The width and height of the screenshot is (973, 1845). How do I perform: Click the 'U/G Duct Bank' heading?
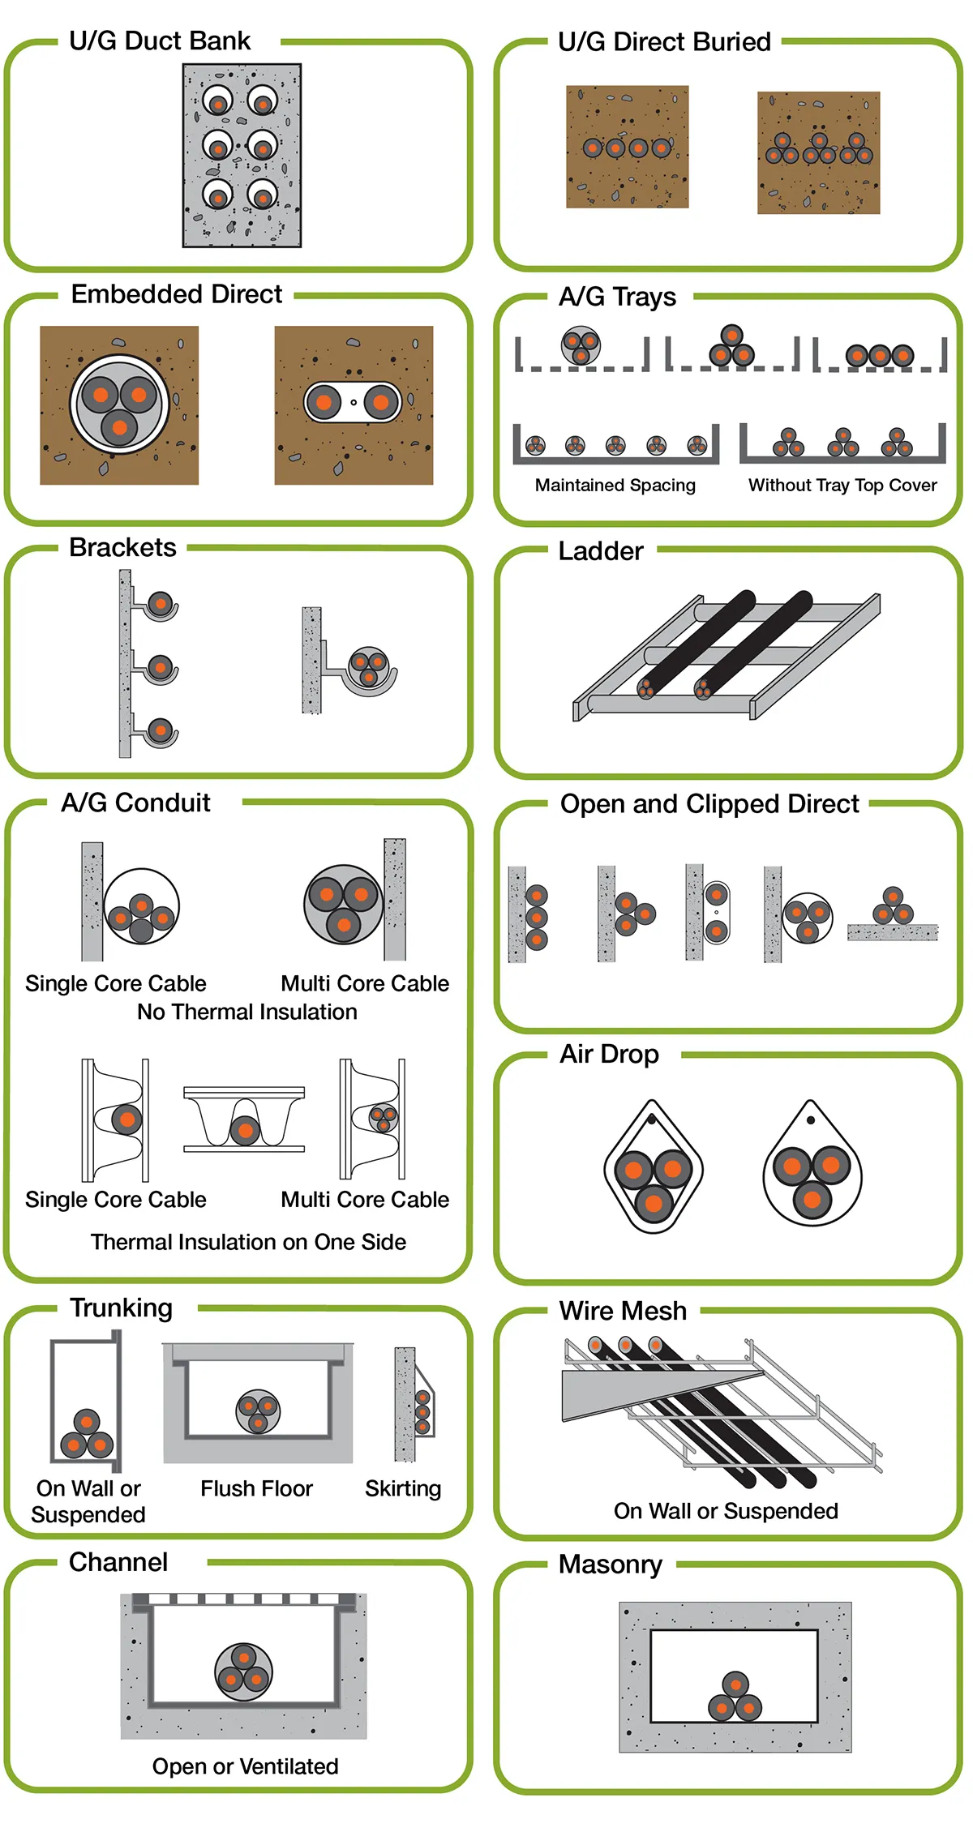pyautogui.click(x=160, y=41)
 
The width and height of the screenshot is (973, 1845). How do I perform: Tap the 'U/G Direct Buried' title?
pyautogui.click(x=664, y=41)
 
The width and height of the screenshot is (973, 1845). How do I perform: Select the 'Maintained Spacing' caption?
pyautogui.click(x=615, y=485)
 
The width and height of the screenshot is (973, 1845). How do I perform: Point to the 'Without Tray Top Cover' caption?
pyautogui.click(x=842, y=485)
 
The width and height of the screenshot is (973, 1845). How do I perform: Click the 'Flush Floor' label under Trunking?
pyautogui.click(x=256, y=1488)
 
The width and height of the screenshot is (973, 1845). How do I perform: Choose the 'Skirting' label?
pyautogui.click(x=403, y=1488)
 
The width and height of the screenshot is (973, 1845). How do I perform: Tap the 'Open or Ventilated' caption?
pyautogui.click(x=245, y=1766)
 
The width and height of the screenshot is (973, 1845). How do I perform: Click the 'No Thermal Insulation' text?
pyautogui.click(x=247, y=1012)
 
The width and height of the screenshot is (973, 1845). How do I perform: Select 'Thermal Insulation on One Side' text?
pyautogui.click(x=248, y=1242)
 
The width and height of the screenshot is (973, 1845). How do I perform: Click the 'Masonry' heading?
pyautogui.click(x=610, y=1564)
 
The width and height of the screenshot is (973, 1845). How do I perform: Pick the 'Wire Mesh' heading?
pyautogui.click(x=623, y=1311)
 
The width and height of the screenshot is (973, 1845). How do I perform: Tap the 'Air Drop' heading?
pyautogui.click(x=609, y=1054)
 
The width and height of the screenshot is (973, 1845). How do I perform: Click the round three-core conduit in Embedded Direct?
pyautogui.click(x=119, y=404)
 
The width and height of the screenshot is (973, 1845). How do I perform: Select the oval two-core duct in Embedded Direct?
pyautogui.click(x=353, y=402)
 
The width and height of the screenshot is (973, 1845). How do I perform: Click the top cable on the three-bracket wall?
pyautogui.click(x=161, y=603)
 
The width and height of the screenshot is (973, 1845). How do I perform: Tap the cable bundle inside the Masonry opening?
pyautogui.click(x=735, y=1697)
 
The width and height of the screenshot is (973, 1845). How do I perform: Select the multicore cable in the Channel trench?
pyautogui.click(x=243, y=1671)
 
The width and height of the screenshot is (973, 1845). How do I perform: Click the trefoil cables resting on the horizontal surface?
pyautogui.click(x=893, y=908)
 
